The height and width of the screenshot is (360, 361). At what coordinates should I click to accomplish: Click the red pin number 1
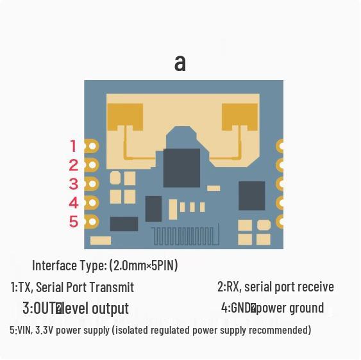tap(74, 146)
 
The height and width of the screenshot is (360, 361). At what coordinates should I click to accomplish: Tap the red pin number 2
tap(74, 165)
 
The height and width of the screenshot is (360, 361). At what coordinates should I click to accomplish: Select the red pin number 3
tap(74, 184)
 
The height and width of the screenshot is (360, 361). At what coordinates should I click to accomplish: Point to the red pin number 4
tap(74, 203)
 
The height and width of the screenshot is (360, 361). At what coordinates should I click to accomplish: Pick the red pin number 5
tap(74, 222)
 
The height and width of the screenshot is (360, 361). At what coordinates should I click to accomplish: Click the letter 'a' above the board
tap(180, 63)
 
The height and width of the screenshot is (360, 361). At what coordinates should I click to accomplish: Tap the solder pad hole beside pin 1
tap(92, 146)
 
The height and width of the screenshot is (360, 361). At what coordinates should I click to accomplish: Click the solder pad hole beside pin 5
tap(92, 222)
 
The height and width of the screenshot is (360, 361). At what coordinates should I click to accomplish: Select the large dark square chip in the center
tap(181, 168)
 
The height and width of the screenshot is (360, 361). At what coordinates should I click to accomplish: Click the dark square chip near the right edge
tap(251, 196)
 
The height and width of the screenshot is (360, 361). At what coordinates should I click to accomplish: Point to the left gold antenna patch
tap(125, 117)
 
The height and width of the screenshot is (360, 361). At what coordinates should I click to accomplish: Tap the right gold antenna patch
tap(240, 117)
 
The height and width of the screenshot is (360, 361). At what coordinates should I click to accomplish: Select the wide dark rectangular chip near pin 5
tap(124, 224)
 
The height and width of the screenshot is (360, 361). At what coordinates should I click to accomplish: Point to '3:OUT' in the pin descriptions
tap(40, 308)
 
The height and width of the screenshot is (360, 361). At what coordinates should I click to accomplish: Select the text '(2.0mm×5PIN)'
tap(144, 265)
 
